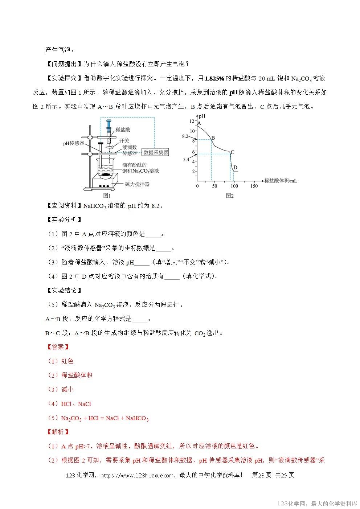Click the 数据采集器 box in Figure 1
(x=156, y=152)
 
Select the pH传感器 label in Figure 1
(x=73, y=144)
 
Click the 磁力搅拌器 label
(x=137, y=184)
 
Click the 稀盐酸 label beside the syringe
(x=123, y=130)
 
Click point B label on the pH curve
(x=213, y=138)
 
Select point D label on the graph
(x=235, y=167)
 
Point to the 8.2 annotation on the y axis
(x=185, y=136)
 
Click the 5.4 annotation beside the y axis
(x=186, y=160)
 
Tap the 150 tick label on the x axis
(x=254, y=186)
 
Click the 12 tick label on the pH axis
(x=192, y=121)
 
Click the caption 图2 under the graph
(x=229, y=196)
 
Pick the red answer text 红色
(x=67, y=361)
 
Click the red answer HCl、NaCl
(x=76, y=404)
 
